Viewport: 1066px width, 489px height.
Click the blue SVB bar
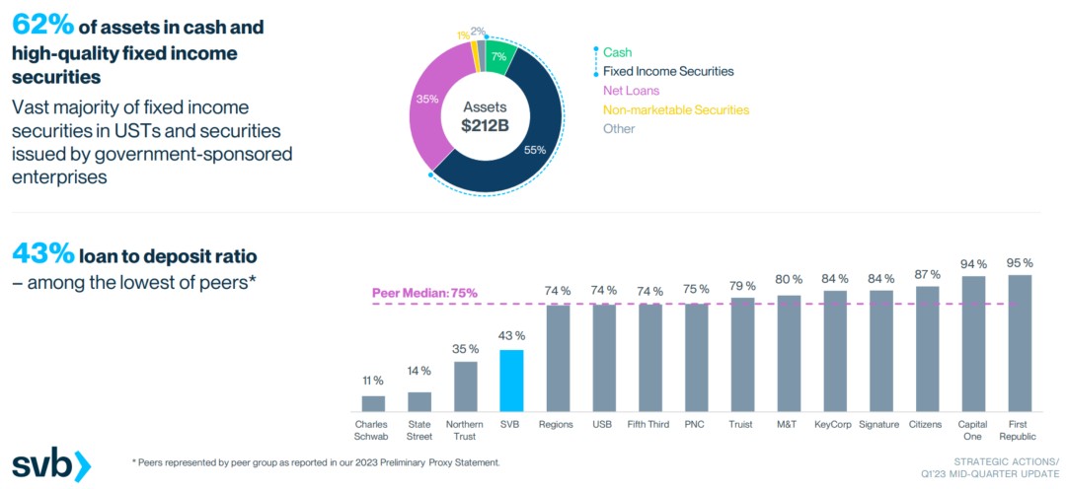(510, 380)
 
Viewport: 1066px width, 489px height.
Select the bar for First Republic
(1019, 342)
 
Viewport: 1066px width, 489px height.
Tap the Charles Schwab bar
(373, 402)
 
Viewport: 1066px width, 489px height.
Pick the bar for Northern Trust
(465, 385)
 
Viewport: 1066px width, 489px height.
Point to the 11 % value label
(373, 381)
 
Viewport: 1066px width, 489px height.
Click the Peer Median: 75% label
(424, 292)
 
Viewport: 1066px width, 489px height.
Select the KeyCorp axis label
(835, 424)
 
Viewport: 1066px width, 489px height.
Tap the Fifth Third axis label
(648, 424)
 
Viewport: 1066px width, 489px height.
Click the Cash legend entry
(617, 52)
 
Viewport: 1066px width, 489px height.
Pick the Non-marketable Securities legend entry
(675, 109)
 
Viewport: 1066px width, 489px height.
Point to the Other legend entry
(619, 128)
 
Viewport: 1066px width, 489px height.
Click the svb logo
(51, 463)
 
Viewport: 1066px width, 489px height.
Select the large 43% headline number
(41, 254)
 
